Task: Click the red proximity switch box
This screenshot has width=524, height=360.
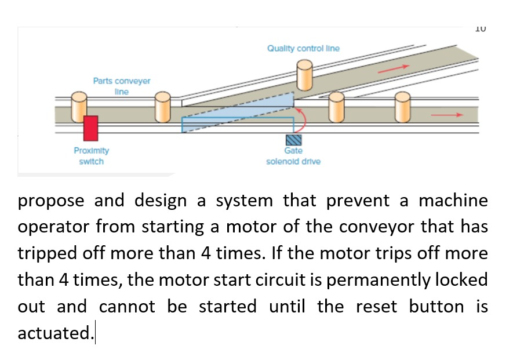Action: pos(90,128)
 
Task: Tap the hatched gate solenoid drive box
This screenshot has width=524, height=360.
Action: pos(293,139)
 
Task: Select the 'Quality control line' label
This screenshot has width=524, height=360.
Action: pos(303,49)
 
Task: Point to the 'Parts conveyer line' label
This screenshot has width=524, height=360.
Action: pos(122,86)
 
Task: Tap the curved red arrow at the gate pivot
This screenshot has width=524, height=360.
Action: pos(303,119)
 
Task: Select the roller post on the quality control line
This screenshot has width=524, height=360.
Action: pos(305,75)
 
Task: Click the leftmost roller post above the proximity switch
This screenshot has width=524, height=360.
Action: pos(79,106)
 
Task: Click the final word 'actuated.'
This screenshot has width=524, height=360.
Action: pos(54,333)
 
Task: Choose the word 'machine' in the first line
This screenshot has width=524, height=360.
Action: pos(453,201)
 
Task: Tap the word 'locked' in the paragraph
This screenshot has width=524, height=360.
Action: pos(456,280)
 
